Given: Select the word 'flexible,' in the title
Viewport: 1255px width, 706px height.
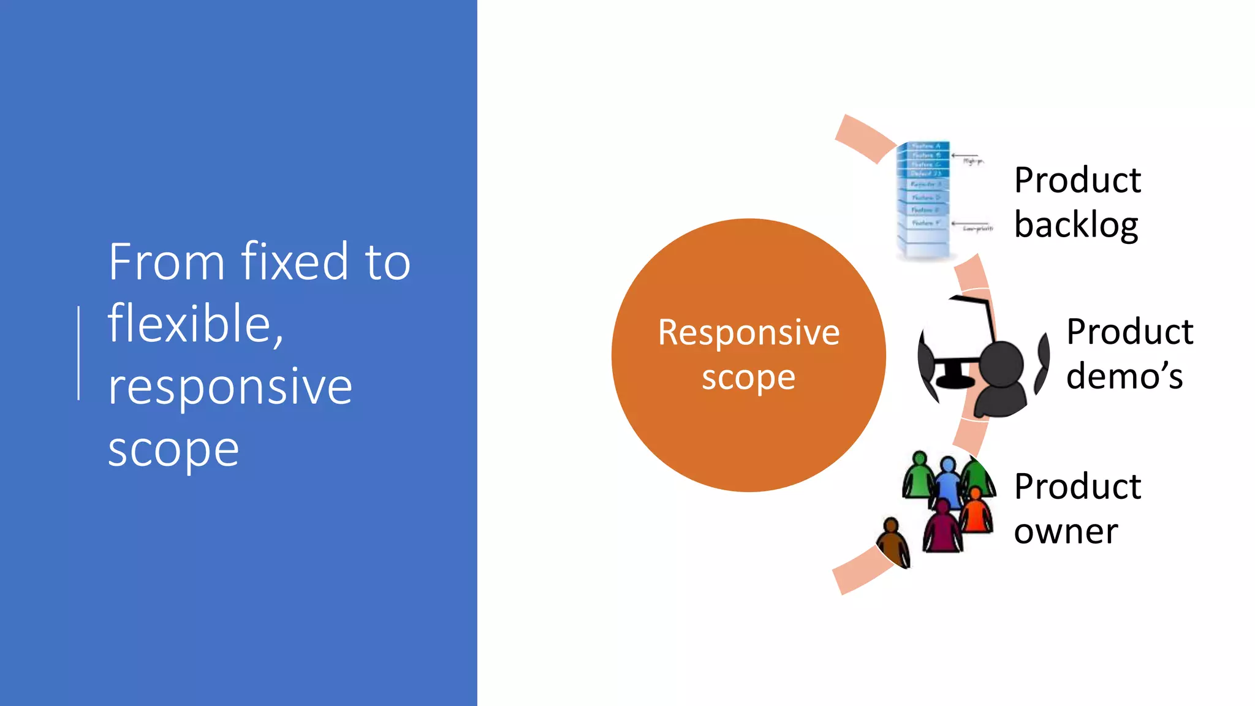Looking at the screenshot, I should pyautogui.click(x=195, y=325).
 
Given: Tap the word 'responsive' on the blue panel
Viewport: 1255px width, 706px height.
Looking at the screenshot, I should pyautogui.click(x=230, y=387).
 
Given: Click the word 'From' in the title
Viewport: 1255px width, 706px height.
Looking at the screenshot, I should pyautogui.click(x=167, y=262).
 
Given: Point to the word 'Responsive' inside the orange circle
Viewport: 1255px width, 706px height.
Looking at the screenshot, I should pyautogui.click(x=748, y=333).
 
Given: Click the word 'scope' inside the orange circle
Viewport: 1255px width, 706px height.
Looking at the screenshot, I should pyautogui.click(x=748, y=378).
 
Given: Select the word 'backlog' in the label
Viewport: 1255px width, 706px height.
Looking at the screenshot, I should pyautogui.click(x=1076, y=225).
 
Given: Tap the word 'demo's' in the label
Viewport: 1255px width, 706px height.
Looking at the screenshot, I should pyautogui.click(x=1124, y=376).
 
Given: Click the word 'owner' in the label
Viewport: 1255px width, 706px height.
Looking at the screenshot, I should pyautogui.click(x=1066, y=531).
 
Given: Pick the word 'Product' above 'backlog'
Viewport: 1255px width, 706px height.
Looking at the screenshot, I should pyautogui.click(x=1077, y=180).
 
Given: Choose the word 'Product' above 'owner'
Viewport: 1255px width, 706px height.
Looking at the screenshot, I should pyautogui.click(x=1077, y=487).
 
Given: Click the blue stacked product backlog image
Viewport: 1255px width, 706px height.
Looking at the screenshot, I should pyautogui.click(x=923, y=199).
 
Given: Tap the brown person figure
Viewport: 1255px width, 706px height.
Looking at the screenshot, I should pyautogui.click(x=893, y=543).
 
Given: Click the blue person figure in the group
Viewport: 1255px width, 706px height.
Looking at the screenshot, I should pyautogui.click(x=948, y=482).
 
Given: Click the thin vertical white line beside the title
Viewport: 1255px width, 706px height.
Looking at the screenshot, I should pyautogui.click(x=79, y=354).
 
